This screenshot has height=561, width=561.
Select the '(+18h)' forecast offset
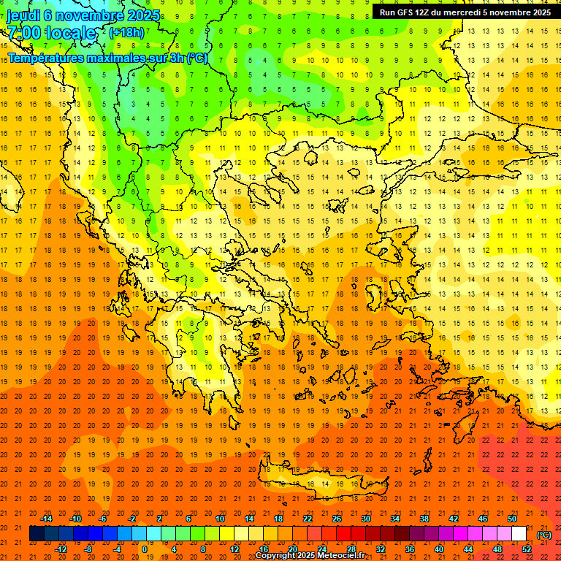(126, 33)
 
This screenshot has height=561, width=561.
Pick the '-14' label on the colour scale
(47, 519)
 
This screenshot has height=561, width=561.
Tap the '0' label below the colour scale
(145, 549)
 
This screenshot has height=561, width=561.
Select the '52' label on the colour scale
(526, 549)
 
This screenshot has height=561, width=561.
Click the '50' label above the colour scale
(512, 519)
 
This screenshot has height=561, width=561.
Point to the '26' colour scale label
(337, 519)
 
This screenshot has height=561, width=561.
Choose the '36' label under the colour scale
(409, 549)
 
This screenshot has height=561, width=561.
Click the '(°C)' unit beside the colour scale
(544, 534)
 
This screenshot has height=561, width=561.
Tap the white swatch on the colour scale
(519, 534)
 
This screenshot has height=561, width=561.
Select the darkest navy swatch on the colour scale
(37, 534)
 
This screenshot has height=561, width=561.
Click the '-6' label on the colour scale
(103, 519)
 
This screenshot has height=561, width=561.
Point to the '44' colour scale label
(467, 549)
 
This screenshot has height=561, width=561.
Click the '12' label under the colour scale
(234, 549)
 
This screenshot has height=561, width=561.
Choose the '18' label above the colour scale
(278, 519)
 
